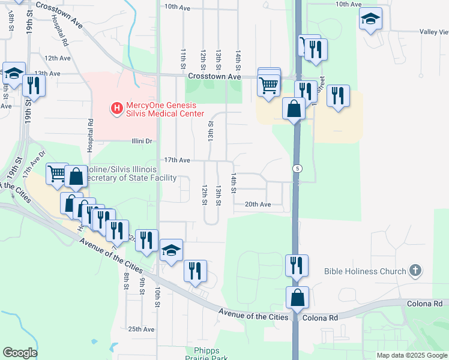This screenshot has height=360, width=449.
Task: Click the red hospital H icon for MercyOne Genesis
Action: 117,109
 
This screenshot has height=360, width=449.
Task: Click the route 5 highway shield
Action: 297,169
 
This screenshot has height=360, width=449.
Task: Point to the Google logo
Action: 20,353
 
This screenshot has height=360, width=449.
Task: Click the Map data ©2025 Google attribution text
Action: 412,355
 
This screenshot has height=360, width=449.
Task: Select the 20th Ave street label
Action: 258,205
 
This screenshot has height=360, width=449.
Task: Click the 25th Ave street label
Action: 141,329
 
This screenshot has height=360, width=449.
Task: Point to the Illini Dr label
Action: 143,141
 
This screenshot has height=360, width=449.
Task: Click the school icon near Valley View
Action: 370,20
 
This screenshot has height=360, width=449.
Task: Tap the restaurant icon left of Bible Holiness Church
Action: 296,265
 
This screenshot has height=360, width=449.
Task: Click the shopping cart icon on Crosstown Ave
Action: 268,85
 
